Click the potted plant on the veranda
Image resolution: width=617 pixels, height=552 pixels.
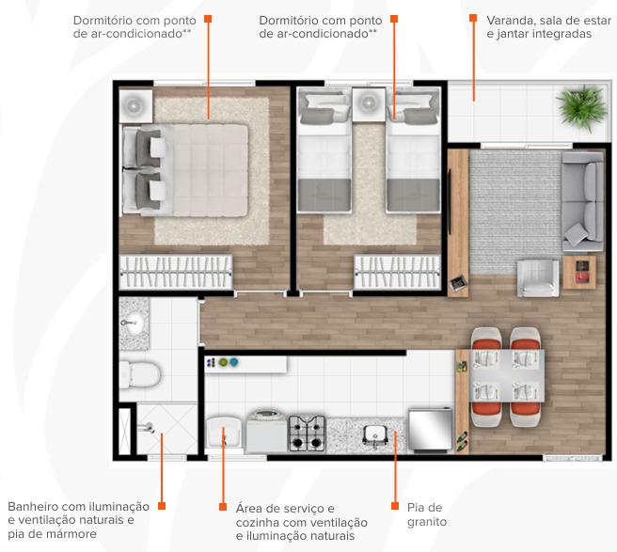tap(581, 107)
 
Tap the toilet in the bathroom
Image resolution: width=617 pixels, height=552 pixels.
tap(140, 375)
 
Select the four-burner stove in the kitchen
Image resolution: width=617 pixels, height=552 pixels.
tap(307, 434)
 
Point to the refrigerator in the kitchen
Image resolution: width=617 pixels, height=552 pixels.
tap(430, 430)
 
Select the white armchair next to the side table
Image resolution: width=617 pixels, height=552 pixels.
tap(538, 277)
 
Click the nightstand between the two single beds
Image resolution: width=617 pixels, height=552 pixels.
tap(369, 103)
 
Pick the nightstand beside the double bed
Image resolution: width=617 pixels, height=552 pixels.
tap(135, 106)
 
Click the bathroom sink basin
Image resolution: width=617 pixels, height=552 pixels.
tap(134, 323)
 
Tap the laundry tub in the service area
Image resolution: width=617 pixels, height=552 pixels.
tap(224, 433)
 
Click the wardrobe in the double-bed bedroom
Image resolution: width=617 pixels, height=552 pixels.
tap(176, 273)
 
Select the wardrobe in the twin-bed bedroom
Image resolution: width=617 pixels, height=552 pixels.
tap(397, 273)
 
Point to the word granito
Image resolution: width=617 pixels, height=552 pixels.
tap(427, 522)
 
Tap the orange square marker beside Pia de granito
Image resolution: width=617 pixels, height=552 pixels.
tap(395, 506)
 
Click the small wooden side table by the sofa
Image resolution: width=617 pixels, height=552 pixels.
tap(579, 273)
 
